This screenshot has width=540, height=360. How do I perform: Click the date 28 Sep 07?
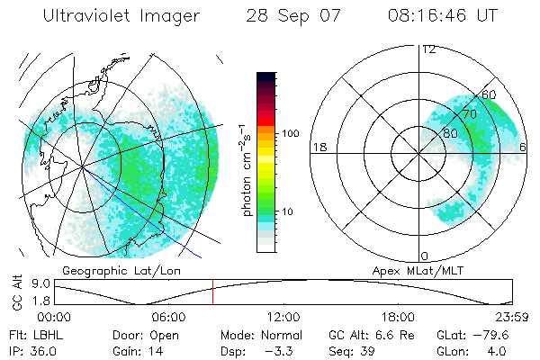289,16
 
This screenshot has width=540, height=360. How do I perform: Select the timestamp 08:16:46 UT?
444,16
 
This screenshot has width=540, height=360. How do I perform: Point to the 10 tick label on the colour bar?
289,211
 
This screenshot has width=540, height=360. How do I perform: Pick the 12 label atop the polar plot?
428,49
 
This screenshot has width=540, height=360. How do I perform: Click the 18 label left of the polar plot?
319,147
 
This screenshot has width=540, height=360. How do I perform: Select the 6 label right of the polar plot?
524,147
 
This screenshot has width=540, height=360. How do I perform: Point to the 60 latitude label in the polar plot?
490,94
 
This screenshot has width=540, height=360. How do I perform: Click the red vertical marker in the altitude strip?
212,292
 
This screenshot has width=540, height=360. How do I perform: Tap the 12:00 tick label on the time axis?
283,316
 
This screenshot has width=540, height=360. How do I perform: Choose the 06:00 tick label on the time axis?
168,316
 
